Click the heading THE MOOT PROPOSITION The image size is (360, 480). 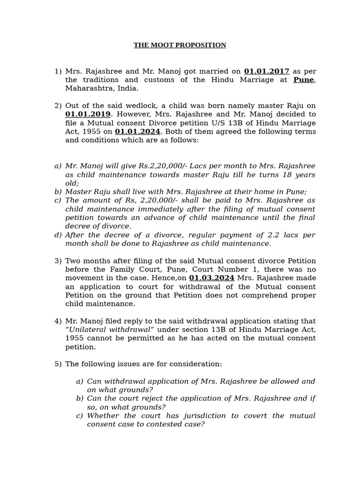[x=180, y=45]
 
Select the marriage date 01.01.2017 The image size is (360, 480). [x=266, y=71]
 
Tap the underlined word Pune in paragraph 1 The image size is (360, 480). [x=304, y=80]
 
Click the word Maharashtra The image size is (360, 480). [x=89, y=88]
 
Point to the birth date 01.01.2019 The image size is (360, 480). [x=88, y=114]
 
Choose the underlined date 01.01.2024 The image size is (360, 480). [x=137, y=131]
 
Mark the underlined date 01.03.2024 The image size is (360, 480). [x=211, y=278]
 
